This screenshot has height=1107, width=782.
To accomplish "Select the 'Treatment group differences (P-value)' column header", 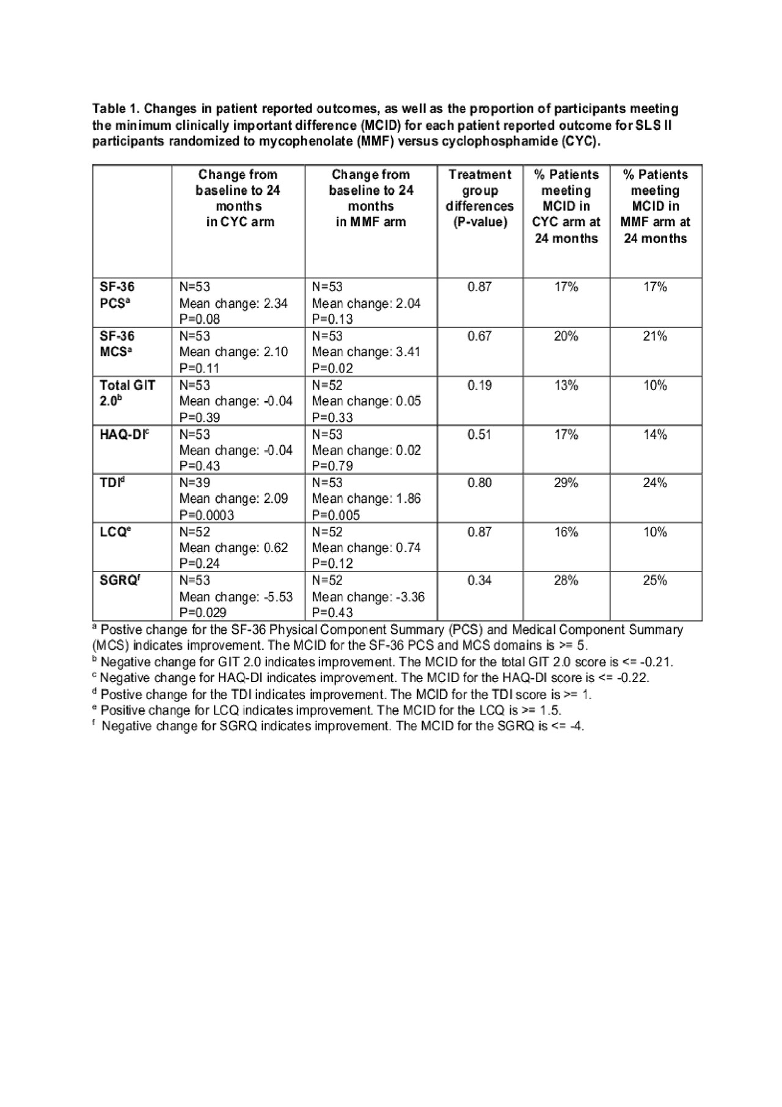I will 480,198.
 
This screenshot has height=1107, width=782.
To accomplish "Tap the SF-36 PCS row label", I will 117,295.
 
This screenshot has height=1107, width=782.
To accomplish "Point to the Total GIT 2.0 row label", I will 127,393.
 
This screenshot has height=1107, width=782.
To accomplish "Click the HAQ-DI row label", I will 124,435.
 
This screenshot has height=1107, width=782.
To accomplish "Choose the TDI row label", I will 112,483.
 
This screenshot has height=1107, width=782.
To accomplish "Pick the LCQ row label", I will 115,532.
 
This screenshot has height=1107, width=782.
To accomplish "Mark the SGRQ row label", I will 119,580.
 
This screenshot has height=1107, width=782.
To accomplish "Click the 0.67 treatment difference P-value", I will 480,336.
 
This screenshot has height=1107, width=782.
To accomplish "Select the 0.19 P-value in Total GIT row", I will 480,385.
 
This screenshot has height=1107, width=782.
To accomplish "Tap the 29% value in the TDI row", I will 566,483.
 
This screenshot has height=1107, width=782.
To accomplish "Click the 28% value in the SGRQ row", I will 566,580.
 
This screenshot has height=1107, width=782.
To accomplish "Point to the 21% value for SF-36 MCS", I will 654,336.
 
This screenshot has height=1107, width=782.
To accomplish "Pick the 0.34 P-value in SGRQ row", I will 480,580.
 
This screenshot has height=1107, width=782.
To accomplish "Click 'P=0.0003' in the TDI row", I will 206,515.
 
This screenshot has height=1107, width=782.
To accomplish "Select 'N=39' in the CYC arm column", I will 195,483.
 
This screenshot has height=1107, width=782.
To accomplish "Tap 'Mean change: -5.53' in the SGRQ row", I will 236,597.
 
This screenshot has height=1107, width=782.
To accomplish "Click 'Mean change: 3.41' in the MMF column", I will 366,352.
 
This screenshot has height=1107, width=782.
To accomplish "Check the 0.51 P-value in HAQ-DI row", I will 480,435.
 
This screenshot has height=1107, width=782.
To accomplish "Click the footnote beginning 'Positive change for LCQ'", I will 331,710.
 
